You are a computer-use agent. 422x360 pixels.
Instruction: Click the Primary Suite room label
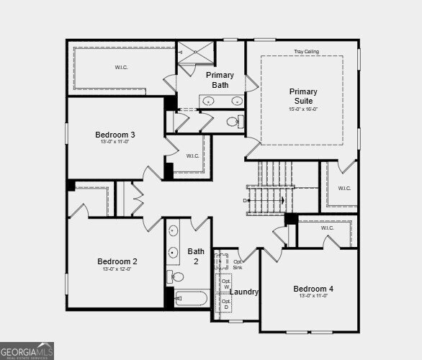(x=303, y=96)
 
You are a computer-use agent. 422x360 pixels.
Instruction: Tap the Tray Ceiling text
(x=306, y=52)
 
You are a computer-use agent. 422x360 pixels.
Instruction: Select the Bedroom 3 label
(x=115, y=135)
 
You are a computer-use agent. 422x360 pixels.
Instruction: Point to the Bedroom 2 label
(x=117, y=261)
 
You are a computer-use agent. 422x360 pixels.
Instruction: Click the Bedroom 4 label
(x=313, y=289)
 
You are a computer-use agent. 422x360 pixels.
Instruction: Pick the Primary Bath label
(x=220, y=80)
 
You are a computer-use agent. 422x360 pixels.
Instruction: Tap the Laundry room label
(x=244, y=292)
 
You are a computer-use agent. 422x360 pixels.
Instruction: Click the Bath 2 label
(x=195, y=256)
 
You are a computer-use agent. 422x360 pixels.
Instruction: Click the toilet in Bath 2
(x=176, y=276)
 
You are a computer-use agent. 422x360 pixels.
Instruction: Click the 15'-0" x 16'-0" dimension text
(x=303, y=109)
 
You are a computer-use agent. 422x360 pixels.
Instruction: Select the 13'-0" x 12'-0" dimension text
(x=117, y=269)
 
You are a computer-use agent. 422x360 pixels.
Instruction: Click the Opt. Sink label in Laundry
(x=238, y=264)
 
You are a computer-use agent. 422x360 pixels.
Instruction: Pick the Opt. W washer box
(x=225, y=284)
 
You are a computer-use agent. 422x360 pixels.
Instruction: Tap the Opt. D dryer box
(x=225, y=304)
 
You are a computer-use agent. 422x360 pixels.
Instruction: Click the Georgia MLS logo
(x=27, y=351)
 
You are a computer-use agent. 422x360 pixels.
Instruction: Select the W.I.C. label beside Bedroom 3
(x=192, y=156)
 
